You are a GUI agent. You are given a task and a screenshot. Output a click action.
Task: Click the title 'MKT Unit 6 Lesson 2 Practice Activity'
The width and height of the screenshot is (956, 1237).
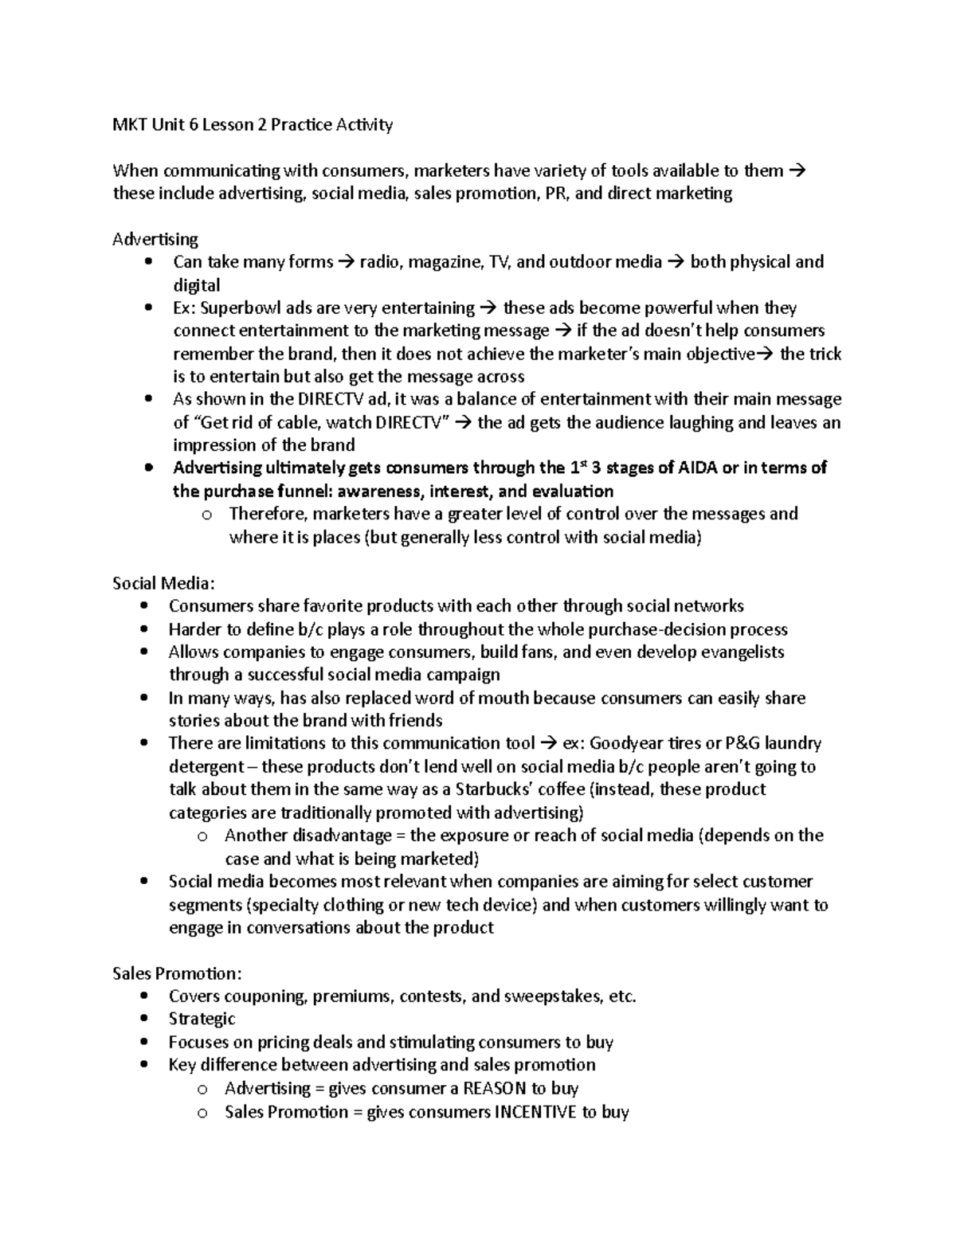click(x=253, y=125)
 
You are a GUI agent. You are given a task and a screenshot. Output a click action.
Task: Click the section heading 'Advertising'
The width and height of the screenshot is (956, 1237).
click(x=155, y=239)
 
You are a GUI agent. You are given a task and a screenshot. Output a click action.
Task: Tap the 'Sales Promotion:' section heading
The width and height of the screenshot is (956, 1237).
click(x=177, y=973)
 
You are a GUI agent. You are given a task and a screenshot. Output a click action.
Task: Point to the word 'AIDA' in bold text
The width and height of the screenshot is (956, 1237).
click(x=698, y=468)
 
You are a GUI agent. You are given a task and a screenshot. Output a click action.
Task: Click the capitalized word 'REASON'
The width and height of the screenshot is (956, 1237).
click(x=495, y=1088)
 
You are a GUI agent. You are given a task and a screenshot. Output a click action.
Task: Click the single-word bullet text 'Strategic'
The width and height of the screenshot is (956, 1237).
click(x=202, y=1019)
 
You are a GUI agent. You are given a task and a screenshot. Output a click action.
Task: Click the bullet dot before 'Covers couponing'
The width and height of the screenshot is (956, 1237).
click(x=143, y=996)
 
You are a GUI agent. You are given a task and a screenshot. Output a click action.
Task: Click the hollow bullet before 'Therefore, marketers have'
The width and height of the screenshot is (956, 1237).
click(x=207, y=515)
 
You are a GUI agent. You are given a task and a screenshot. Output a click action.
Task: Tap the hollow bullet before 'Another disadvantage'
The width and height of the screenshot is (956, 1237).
click(x=202, y=836)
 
